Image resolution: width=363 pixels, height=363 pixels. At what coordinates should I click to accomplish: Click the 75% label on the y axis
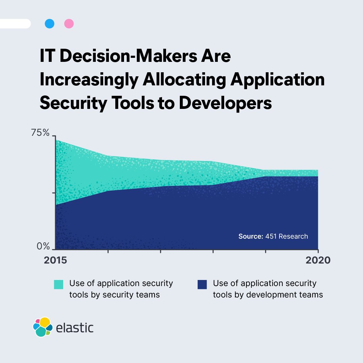(40, 133)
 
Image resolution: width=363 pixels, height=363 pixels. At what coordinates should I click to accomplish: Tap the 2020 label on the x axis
(318, 260)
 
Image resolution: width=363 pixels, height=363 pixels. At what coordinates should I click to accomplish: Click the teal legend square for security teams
(58, 284)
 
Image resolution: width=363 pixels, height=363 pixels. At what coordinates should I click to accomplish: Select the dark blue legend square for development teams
(202, 284)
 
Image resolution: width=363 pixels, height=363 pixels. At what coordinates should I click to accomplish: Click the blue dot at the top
(49, 24)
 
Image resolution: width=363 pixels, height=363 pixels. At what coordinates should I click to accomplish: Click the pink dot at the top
(69, 24)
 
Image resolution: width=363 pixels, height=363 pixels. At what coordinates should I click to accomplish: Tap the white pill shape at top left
(15, 24)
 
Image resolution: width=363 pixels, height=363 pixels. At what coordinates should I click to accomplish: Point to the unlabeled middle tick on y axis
(53, 193)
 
